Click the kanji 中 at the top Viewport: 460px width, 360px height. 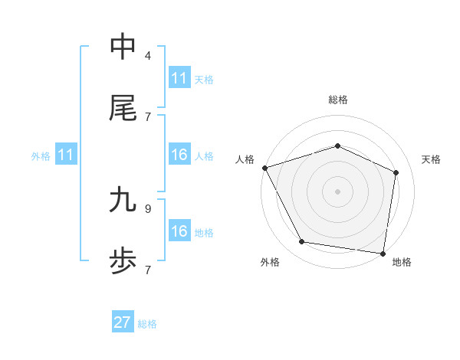tap(123, 47)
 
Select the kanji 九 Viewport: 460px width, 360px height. tap(123, 200)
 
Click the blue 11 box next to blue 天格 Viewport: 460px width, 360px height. tap(179, 78)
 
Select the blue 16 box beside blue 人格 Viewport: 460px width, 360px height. tap(179, 155)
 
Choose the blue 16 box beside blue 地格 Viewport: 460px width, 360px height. tap(179, 231)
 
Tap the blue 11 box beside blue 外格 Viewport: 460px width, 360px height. tap(66, 155)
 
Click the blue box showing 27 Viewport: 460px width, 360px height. tap(123, 322)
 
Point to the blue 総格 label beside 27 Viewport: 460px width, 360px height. tap(147, 324)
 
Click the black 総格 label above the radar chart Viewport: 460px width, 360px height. tap(338, 100)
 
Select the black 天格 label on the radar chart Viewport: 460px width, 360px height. tap(431, 159)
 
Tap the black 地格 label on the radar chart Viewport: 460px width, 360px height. tap(402, 262)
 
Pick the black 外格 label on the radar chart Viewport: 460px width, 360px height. tap(270, 262)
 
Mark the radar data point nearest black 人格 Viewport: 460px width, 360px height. tap(264, 168)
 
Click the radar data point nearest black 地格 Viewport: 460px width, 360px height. tap(383, 253)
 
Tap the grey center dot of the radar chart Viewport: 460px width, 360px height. tap(338, 191)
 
